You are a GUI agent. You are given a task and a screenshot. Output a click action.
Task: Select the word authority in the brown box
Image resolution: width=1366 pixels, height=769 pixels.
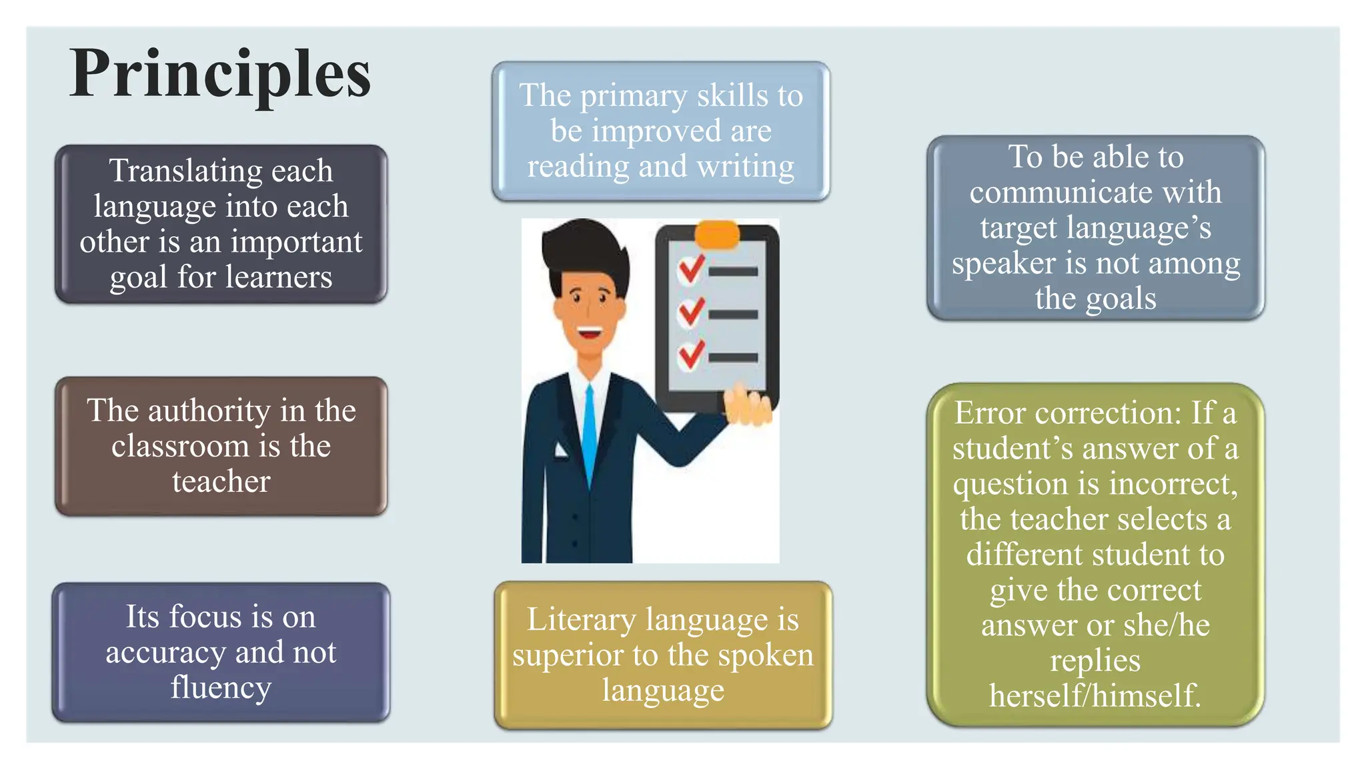pos(209,411)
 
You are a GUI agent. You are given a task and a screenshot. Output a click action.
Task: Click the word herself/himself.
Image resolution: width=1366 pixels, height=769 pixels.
pos(1095,696)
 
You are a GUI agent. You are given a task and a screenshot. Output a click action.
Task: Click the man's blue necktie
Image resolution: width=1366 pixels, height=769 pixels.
pos(590,434)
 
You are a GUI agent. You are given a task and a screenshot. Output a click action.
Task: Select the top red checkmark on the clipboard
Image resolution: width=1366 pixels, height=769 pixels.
pos(691,268)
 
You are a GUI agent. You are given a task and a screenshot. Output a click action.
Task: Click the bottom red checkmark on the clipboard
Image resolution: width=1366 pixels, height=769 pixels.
pos(691,354)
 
